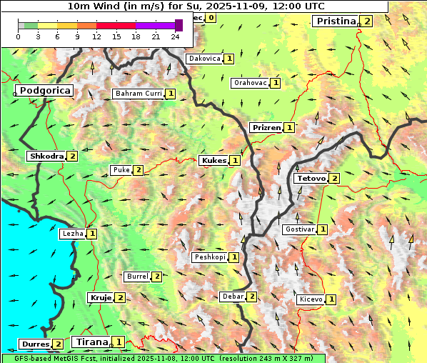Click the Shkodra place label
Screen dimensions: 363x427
click(x=46, y=156)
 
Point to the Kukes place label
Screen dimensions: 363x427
click(x=213, y=161)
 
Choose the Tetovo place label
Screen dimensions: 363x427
click(x=310, y=178)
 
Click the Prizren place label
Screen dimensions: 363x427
click(x=265, y=128)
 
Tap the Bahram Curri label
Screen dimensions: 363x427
click(x=138, y=94)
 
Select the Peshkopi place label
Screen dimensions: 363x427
click(x=209, y=257)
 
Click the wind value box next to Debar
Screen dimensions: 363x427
click(x=251, y=297)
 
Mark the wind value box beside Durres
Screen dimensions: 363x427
click(x=58, y=344)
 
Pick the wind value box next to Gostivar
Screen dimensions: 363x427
click(x=323, y=229)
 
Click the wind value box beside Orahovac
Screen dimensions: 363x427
click(x=276, y=83)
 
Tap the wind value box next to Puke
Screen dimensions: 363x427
click(x=138, y=170)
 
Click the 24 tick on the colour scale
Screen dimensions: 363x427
click(x=174, y=36)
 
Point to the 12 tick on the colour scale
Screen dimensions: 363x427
click(x=96, y=36)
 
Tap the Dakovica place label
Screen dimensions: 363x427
click(x=204, y=59)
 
